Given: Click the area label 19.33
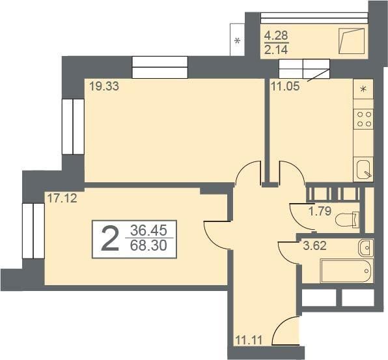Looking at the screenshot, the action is coord(104,87).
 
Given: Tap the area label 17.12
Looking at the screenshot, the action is coord(62,199).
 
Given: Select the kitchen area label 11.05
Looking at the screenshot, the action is coord(285,87).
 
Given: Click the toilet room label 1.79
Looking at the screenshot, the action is coord(320,212).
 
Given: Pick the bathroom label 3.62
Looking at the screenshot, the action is coord(315,246).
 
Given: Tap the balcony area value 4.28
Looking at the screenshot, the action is coord(276,36).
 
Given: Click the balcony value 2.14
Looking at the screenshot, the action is coord(276,50).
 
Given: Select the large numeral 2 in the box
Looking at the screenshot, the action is coord(110,239).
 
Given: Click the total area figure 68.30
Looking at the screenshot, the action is coord(148,245).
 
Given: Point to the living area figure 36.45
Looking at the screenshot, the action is coord(148,230).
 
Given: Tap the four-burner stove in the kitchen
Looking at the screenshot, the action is coord(363,119).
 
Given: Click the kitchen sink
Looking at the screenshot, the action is coord(364,169).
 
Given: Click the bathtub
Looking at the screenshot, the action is coord(346,271).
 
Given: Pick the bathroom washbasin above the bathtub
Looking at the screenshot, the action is coord(366,247).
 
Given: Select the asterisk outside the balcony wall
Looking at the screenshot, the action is coord(238,40).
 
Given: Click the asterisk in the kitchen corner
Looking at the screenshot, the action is coord(363,89).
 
